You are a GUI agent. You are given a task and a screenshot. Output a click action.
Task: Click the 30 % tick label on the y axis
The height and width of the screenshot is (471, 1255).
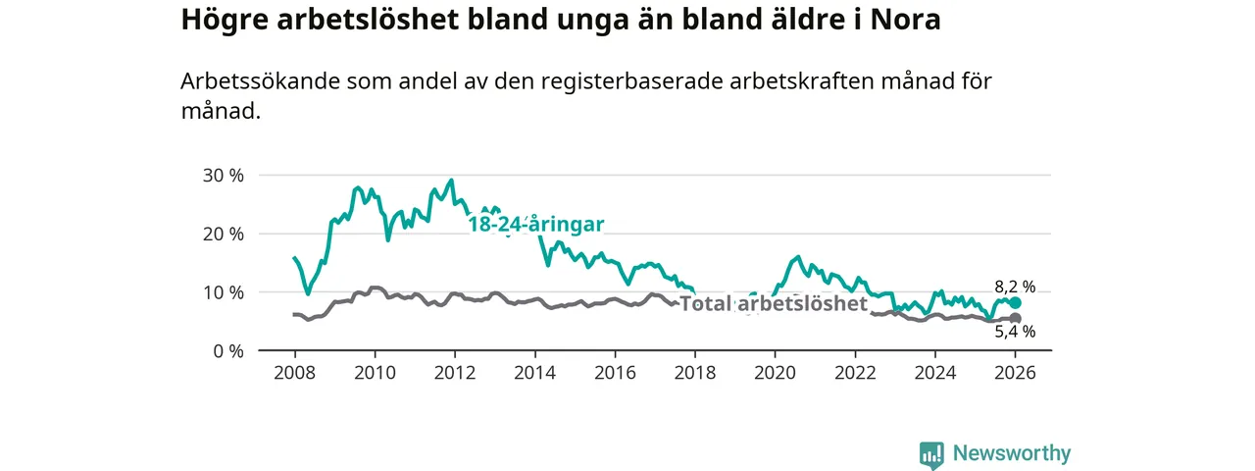[223, 176]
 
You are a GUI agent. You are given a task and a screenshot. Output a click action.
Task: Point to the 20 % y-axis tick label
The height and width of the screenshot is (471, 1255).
[223, 234]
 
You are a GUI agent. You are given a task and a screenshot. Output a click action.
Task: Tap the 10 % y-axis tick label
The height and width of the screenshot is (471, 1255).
[223, 292]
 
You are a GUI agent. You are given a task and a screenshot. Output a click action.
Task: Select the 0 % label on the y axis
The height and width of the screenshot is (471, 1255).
[227, 350]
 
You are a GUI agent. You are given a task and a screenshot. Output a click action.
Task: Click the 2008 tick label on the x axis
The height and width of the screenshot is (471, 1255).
[294, 373]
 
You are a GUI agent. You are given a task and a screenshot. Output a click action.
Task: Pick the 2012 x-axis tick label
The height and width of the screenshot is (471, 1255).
[454, 373]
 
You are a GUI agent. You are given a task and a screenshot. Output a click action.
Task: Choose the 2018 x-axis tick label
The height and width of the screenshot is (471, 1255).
[694, 373]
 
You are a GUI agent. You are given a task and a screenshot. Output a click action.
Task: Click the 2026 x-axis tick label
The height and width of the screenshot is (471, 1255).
[1015, 373]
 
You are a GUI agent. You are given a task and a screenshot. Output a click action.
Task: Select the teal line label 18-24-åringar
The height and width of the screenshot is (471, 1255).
[535, 224]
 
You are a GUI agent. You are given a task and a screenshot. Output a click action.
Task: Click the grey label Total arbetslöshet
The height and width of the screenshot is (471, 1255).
[774, 304]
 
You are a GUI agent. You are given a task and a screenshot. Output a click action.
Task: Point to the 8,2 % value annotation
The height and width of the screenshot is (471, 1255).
[1015, 287]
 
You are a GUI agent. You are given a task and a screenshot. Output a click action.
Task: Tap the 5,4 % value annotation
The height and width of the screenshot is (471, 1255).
[1015, 332]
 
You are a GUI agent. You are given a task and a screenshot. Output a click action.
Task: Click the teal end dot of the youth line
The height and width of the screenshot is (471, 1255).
[1015, 302]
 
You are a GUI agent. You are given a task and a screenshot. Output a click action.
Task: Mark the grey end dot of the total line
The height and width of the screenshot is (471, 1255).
[1015, 319]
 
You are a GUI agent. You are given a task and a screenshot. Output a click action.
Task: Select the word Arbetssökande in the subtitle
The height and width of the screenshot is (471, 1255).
[261, 81]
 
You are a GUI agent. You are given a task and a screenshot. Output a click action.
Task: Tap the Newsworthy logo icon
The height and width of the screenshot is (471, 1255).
[931, 454]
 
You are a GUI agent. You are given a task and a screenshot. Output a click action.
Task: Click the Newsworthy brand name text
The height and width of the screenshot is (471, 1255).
[1012, 453]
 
